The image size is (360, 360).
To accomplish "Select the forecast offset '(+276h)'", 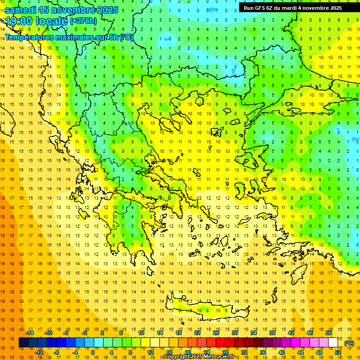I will [x=83, y=21].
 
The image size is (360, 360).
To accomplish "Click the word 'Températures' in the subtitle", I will [x=32, y=37].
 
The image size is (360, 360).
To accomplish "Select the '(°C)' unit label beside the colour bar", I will [x=349, y=343].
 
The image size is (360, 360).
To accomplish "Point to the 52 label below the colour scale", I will [x=338, y=352].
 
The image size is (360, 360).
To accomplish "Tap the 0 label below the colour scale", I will [x=93, y=352].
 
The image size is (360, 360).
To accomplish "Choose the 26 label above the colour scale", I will [x=216, y=333].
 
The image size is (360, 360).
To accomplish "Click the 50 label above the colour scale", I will [x=328, y=333].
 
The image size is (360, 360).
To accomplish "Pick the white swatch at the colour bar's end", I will [x=333, y=343].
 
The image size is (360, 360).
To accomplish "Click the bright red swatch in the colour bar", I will [x=221, y=343].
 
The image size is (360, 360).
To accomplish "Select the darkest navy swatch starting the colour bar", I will [x=24, y=343].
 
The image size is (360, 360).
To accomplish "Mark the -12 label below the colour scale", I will [x=39, y=352].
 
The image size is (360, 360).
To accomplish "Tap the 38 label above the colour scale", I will [x=272, y=333].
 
